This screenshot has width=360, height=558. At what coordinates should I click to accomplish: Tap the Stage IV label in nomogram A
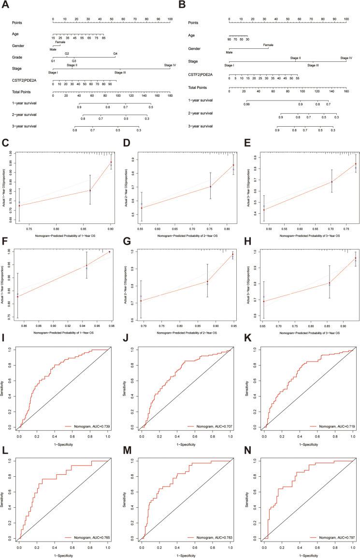click(x=170, y=65)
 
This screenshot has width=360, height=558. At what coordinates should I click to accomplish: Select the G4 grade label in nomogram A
click(x=115, y=53)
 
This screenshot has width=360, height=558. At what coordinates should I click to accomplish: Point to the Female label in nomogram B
click(x=269, y=44)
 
